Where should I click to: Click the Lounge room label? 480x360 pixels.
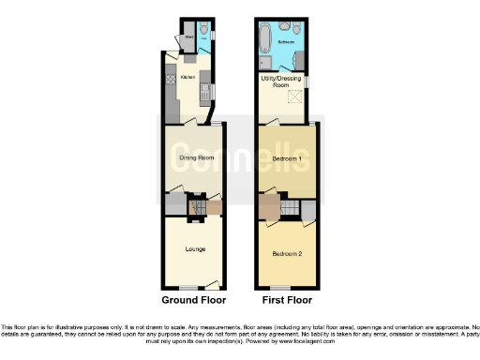tap(194, 248)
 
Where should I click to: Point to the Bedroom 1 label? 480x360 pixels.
tap(286, 158)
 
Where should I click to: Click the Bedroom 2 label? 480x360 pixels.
tap(286, 254)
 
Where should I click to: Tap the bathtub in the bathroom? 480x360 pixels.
tap(264, 38)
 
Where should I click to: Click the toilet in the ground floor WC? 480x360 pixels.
tap(204, 28)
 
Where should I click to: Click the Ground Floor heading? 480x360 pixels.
tap(194, 301)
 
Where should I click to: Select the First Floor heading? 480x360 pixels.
tap(285, 301)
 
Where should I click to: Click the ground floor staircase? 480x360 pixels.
tap(197, 207)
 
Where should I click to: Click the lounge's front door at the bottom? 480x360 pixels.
tap(213, 284)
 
